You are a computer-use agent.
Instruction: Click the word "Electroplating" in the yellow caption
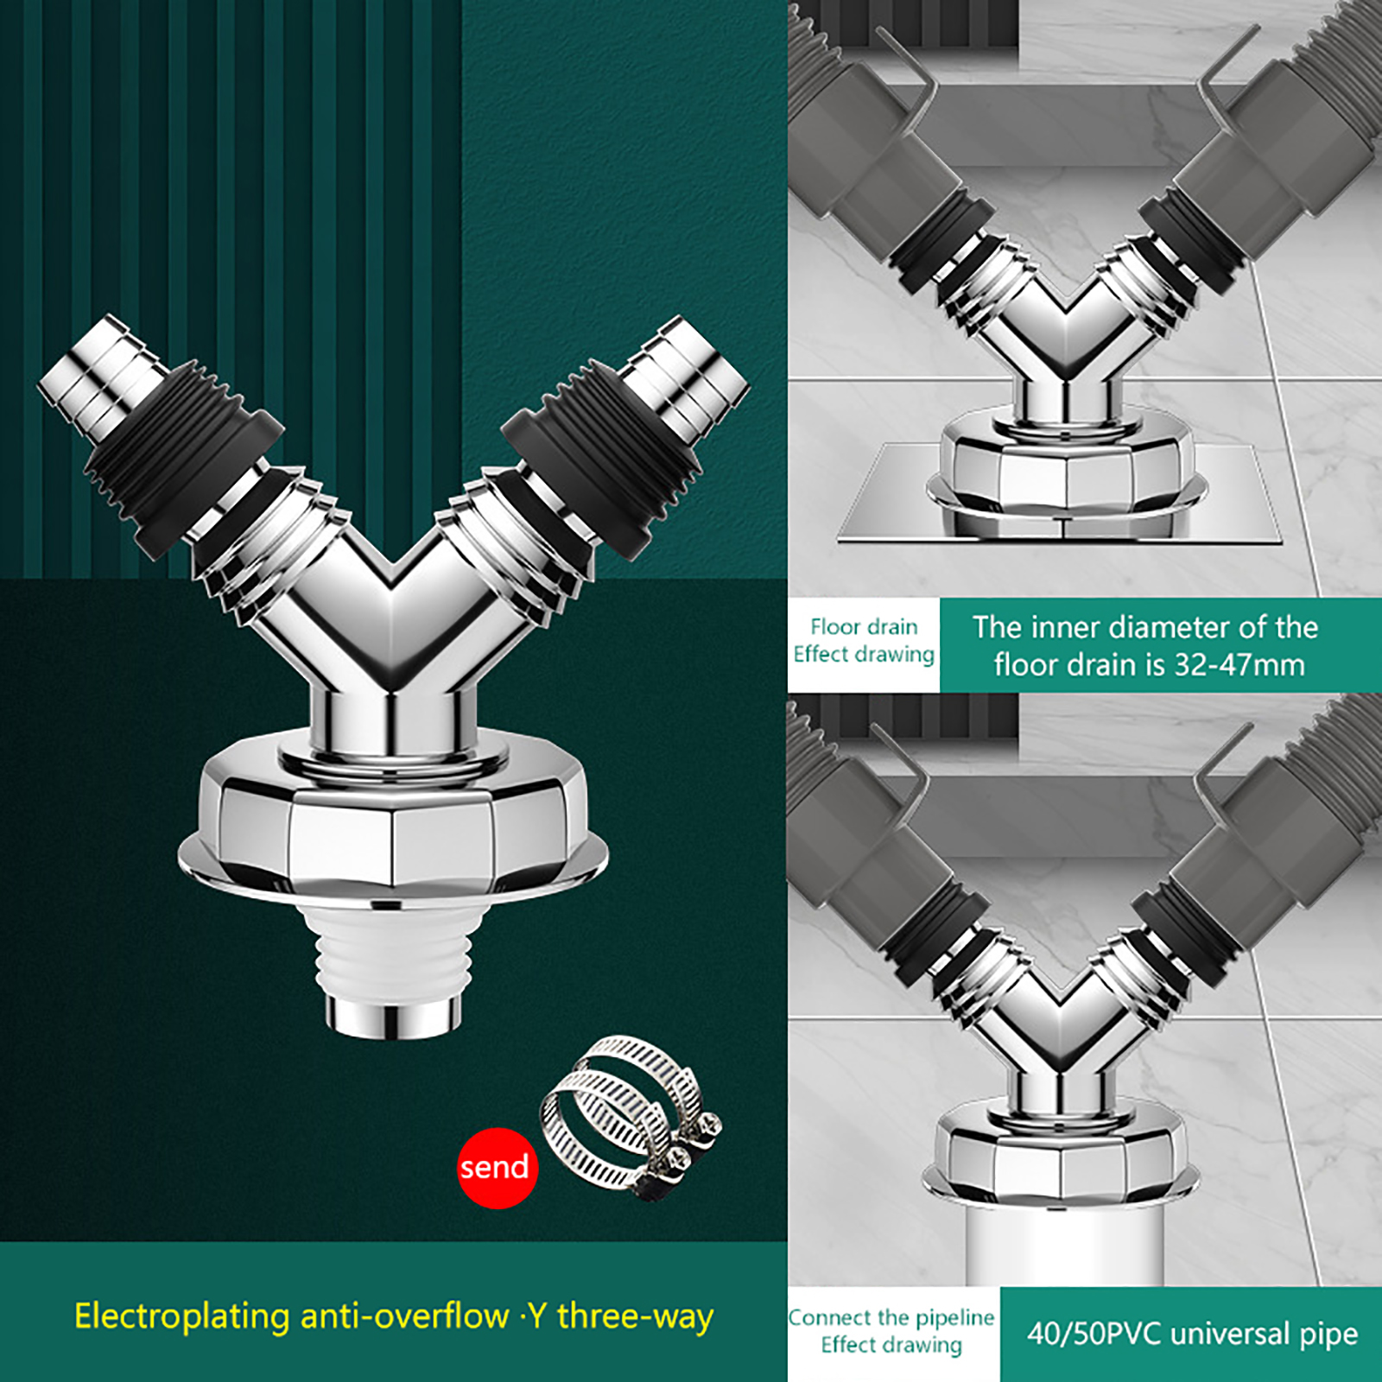[x=182, y=1317]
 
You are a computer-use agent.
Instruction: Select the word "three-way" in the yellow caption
[x=636, y=1317]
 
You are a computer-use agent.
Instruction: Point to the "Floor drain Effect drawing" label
[x=864, y=640]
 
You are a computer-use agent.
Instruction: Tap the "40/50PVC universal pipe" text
[x=1192, y=1334]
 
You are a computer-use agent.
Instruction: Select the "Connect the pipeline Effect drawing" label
[x=891, y=1331]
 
